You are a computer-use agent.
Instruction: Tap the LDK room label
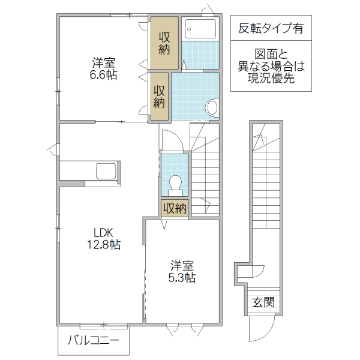[103, 233]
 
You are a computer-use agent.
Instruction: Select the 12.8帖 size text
[103, 245]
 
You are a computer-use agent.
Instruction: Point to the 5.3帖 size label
[182, 277]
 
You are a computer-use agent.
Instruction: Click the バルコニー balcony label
[93, 341]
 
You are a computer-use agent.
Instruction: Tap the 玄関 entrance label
[263, 302]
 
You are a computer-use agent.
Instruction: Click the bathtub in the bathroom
[200, 28]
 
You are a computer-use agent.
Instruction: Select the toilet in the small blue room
[175, 183]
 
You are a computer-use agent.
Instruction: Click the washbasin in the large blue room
[212, 107]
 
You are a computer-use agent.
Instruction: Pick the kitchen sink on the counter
[107, 170]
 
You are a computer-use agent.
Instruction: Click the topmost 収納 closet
[165, 43]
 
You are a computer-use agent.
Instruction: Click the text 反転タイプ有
[271, 28]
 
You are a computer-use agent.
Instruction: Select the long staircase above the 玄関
[265, 192]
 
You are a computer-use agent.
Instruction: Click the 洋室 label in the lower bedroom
[182, 265]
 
